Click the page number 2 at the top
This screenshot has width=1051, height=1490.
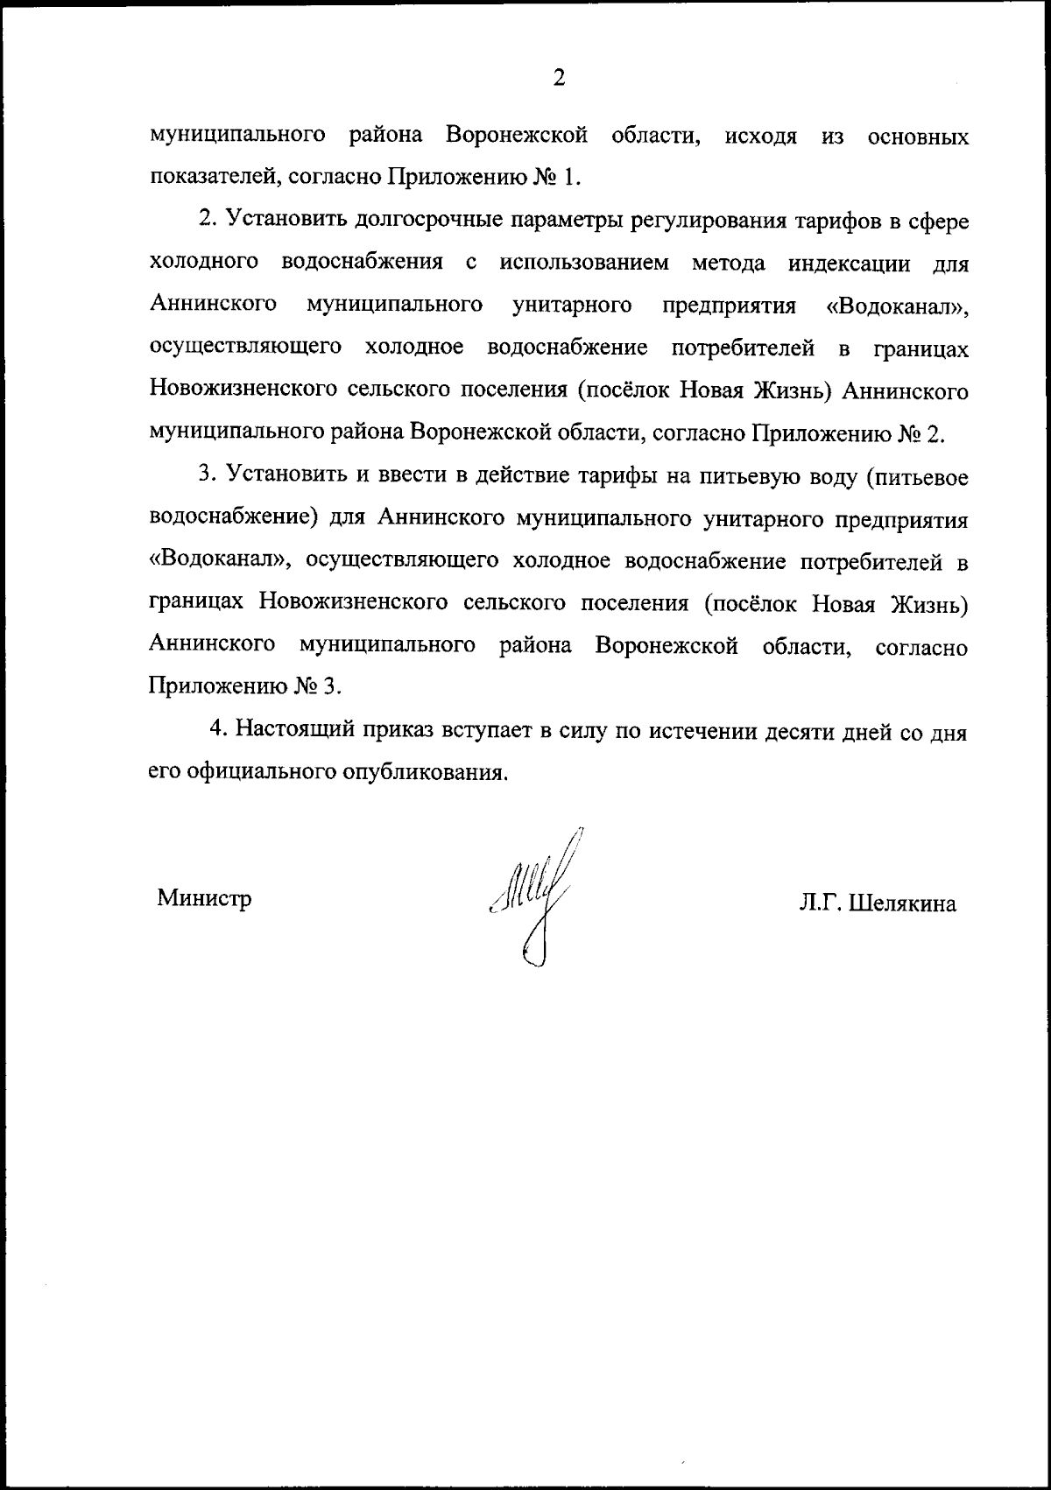coord(559,78)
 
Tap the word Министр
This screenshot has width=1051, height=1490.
coord(204,898)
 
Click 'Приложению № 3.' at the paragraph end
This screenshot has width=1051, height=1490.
coord(244,686)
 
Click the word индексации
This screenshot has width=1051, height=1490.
coord(849,263)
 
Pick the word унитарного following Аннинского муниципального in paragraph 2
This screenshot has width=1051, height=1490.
coord(573,306)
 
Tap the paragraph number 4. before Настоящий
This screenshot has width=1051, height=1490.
coord(219,730)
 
